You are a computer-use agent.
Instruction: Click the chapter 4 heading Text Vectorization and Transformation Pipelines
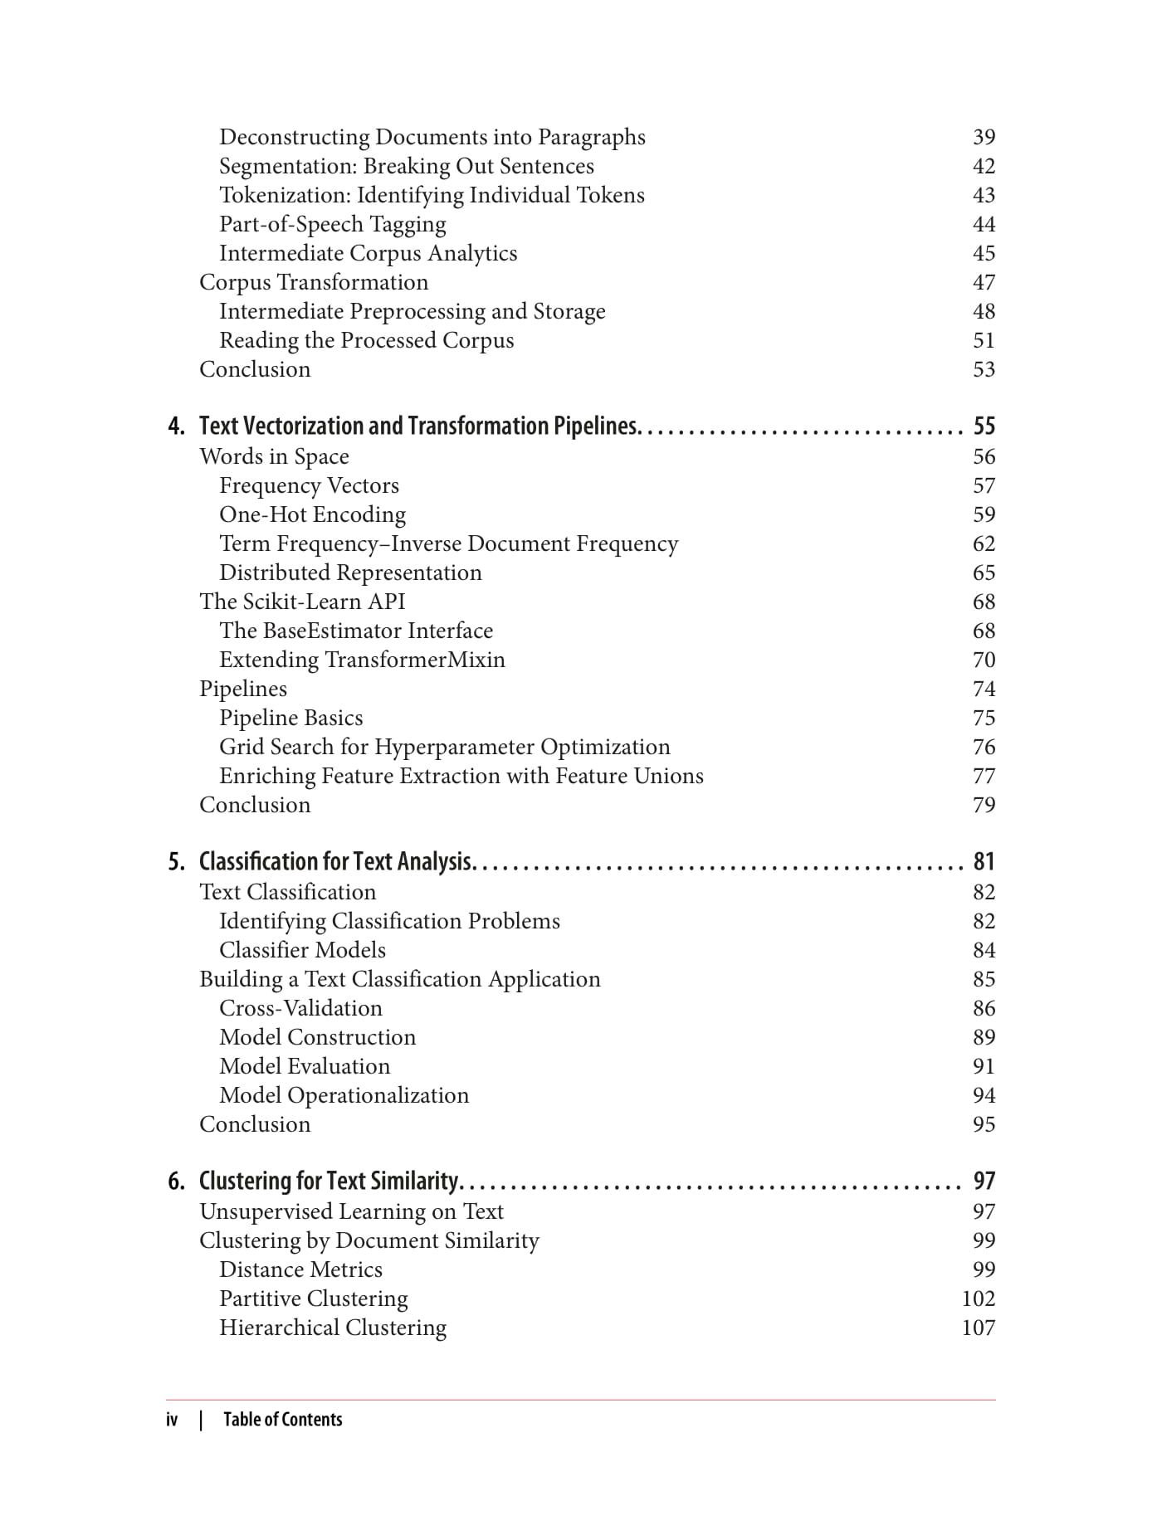point(419,426)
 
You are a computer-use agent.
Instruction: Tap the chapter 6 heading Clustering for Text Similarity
point(330,1182)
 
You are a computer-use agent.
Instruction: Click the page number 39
point(984,137)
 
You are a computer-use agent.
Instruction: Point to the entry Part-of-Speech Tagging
point(332,224)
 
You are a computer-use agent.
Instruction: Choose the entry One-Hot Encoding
point(312,514)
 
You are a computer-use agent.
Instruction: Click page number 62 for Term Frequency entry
point(984,543)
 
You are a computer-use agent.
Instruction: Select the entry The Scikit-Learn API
point(302,602)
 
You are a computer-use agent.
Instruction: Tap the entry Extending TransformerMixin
point(362,660)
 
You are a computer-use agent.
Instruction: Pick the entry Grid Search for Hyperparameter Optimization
point(444,747)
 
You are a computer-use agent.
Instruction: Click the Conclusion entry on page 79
point(255,805)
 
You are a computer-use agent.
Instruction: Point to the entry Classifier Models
point(302,950)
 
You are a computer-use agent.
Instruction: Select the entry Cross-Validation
point(300,1008)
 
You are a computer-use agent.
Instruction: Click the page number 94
point(984,1095)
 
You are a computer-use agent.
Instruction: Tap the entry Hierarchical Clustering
point(332,1328)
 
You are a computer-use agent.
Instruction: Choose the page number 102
point(978,1298)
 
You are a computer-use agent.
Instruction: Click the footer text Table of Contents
point(282,1420)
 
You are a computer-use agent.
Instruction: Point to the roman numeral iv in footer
point(172,1420)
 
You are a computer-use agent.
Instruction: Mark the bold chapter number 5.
point(176,862)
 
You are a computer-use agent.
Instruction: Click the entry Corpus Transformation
point(314,282)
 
